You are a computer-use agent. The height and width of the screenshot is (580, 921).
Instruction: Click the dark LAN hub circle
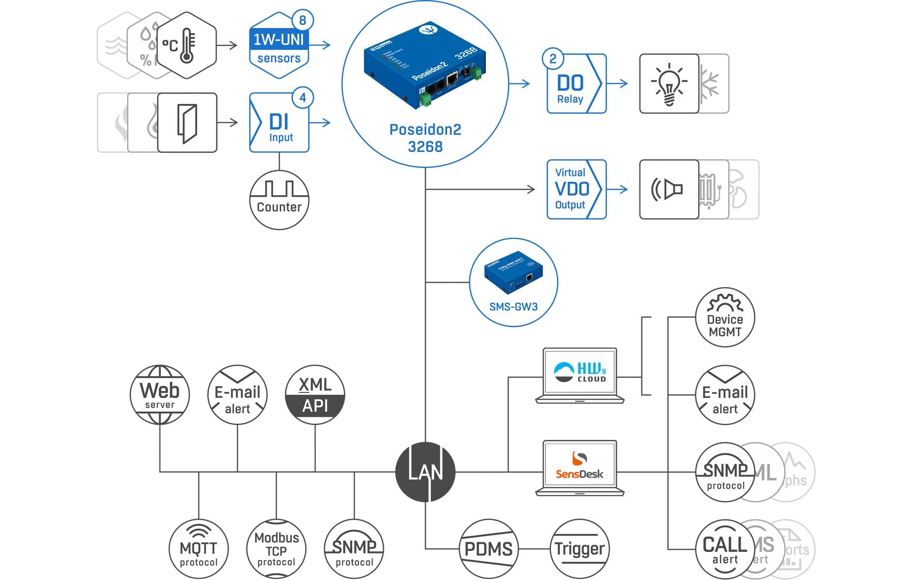pyautogui.click(x=425, y=472)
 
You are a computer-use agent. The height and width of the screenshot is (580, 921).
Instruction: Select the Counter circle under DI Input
pyautogui.click(x=279, y=200)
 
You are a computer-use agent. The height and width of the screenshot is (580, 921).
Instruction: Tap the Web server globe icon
pyautogui.click(x=160, y=395)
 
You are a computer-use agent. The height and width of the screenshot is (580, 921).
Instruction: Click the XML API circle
pyautogui.click(x=315, y=395)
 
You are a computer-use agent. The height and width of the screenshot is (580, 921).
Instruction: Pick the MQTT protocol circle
pyautogui.click(x=199, y=549)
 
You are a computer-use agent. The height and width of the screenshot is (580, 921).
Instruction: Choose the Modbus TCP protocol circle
pyautogui.click(x=276, y=549)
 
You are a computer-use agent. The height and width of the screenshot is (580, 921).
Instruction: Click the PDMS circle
pyautogui.click(x=489, y=549)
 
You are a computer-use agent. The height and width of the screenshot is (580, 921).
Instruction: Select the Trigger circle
pyautogui.click(x=579, y=549)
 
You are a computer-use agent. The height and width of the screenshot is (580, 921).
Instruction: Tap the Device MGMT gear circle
pyautogui.click(x=725, y=318)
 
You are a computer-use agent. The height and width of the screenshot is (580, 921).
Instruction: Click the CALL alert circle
pyautogui.click(x=725, y=550)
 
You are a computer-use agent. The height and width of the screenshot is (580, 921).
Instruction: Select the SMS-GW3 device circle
pyautogui.click(x=514, y=282)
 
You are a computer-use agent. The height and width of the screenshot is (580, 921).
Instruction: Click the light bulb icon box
pyautogui.click(x=669, y=84)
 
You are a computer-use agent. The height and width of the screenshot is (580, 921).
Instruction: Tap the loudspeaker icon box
pyautogui.click(x=669, y=189)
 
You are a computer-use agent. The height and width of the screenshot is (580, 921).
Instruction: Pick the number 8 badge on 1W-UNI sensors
pyautogui.click(x=303, y=20)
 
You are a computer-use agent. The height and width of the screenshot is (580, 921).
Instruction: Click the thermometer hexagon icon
pyautogui.click(x=187, y=45)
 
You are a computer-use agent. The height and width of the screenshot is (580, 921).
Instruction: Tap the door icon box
pyautogui.click(x=187, y=123)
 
